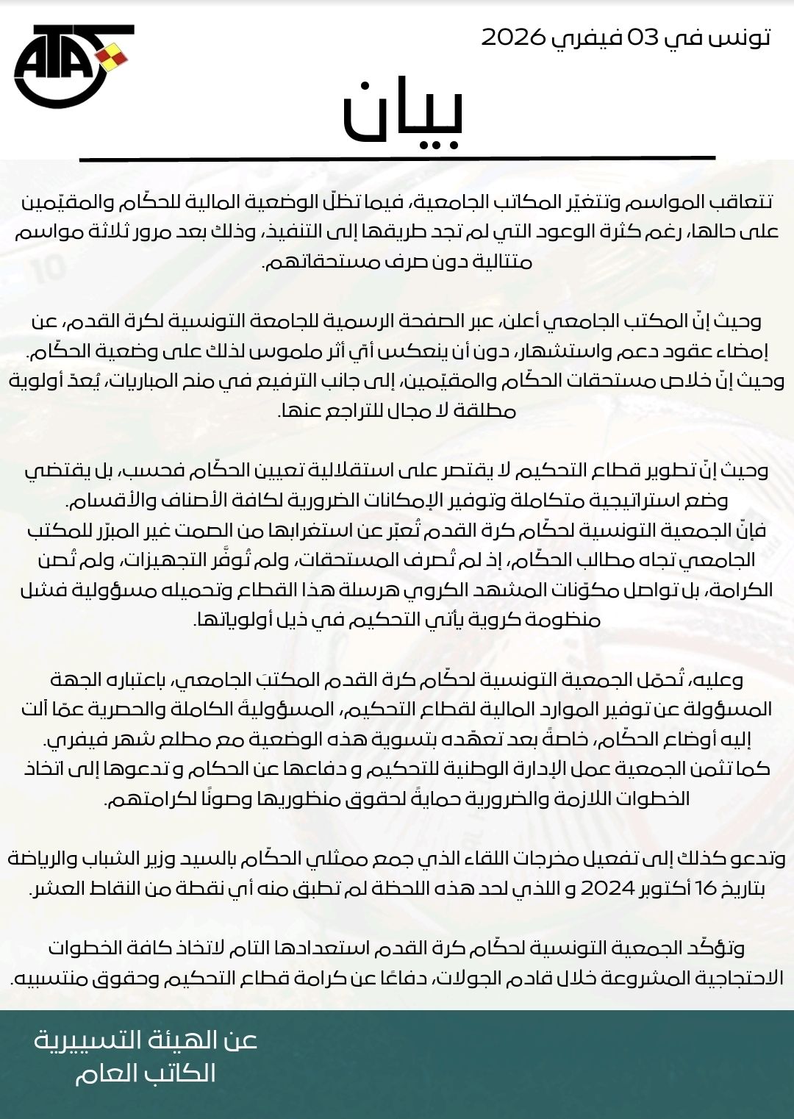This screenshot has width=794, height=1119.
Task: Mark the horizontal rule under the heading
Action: tap(397, 158)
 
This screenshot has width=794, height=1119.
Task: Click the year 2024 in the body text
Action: tap(607, 888)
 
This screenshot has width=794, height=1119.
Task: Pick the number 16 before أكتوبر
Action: tap(705, 888)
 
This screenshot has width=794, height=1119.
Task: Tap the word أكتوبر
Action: tap(666, 888)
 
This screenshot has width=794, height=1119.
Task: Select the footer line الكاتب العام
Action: tap(146, 1073)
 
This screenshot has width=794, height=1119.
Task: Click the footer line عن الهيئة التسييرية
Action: tap(146, 1040)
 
